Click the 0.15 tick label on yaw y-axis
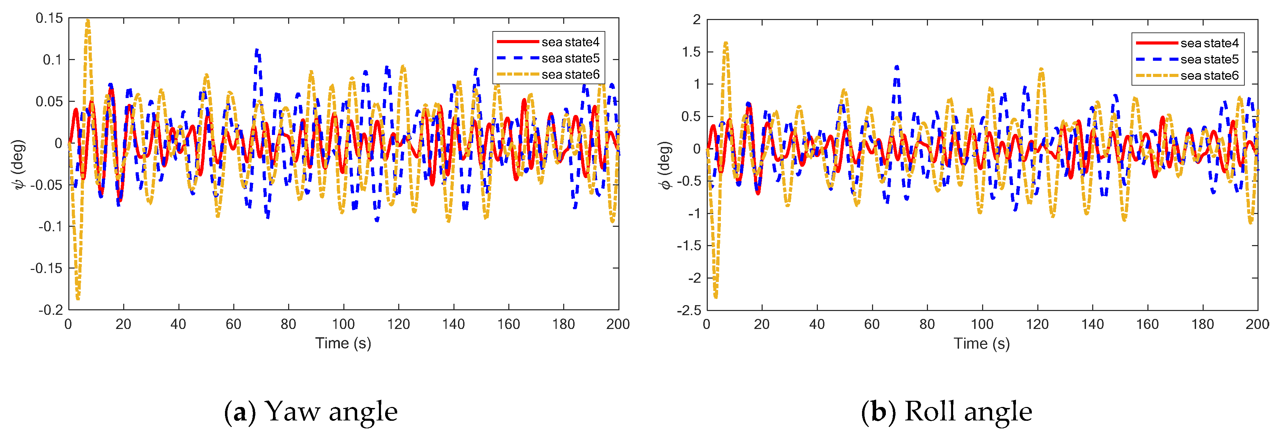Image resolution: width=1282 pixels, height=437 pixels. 49,18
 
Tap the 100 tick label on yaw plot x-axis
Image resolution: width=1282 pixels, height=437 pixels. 343,324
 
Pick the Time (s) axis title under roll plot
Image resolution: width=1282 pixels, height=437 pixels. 981,343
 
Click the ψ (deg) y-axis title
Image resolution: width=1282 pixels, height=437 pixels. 18,164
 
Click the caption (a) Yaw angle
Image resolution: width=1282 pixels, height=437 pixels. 311,411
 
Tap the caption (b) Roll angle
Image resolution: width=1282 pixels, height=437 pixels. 947,411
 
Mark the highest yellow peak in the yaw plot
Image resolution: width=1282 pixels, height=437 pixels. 88,21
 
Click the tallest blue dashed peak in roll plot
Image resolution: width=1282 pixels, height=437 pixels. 896,66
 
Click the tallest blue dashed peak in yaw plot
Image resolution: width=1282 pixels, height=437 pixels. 257,50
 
